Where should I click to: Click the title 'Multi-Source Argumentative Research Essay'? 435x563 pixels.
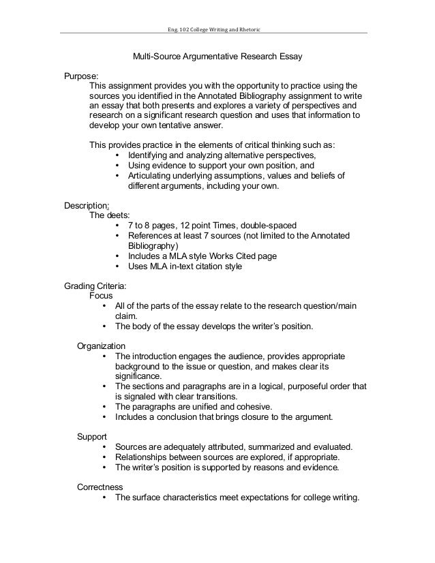coord(217,59)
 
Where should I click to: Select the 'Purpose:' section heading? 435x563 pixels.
coord(81,76)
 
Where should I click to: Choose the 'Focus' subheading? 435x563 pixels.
coord(102,296)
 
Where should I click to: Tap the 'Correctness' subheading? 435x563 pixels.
coord(100,487)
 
